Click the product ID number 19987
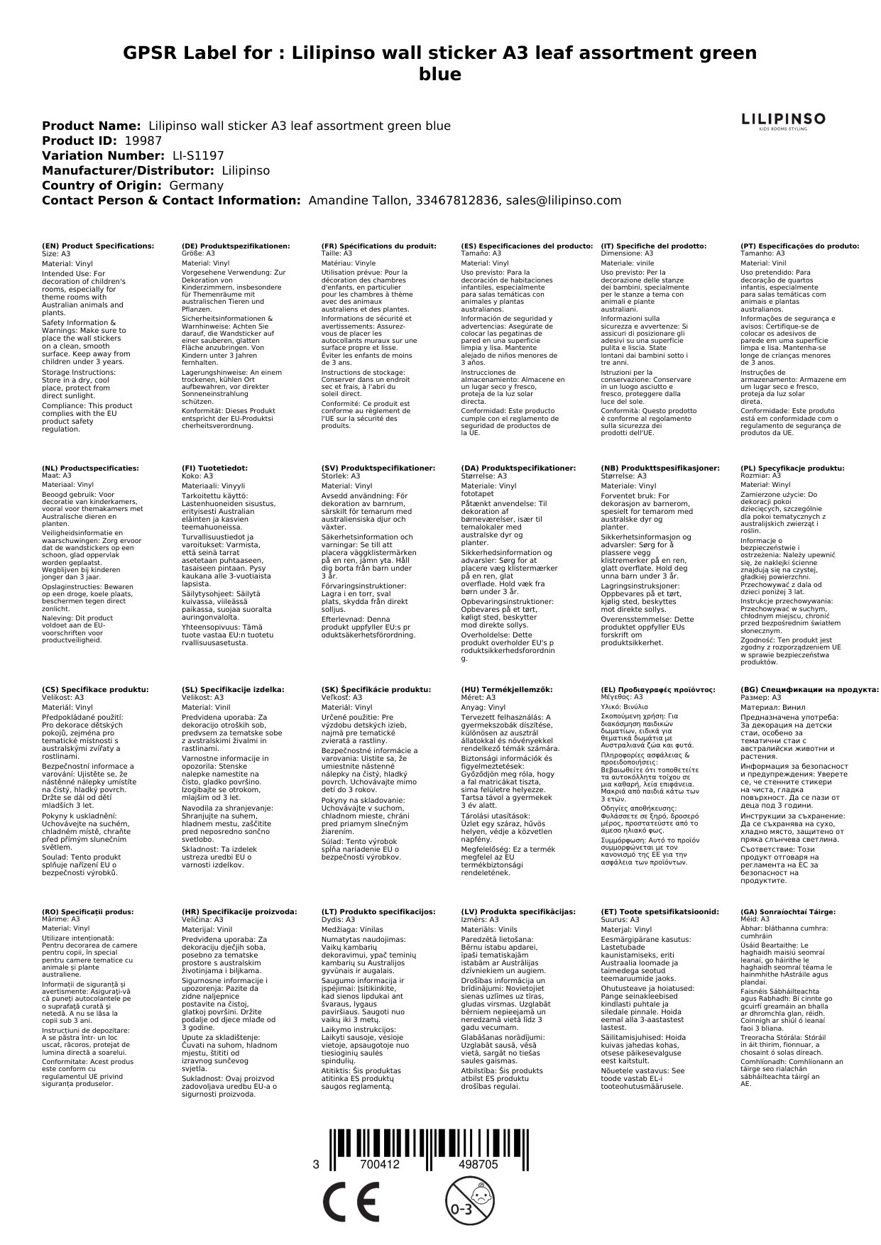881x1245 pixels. pos(143,141)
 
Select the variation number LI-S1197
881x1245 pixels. pos(198,156)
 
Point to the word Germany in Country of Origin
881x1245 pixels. pos(196,186)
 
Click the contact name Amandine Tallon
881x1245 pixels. pos(358,201)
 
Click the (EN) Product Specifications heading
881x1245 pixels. pos(98,246)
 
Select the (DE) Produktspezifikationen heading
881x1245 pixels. pos(236,246)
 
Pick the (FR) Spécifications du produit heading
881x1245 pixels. pos(378,246)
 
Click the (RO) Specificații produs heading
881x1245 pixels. pos(87,912)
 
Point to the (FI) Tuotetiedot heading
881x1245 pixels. pos(214,468)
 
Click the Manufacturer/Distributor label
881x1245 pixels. pos(128,171)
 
